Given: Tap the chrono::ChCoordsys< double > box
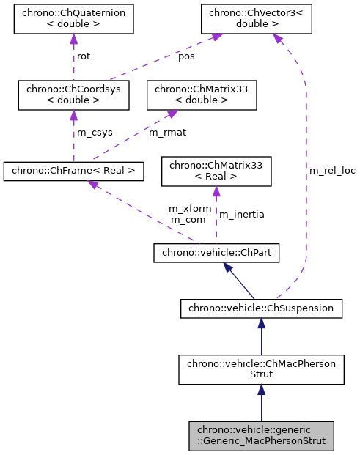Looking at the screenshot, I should pyautogui.click(x=73, y=95).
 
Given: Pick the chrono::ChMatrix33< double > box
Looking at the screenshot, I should pyautogui.click(x=202, y=95).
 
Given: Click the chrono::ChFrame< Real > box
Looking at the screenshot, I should pyautogui.click(x=73, y=171).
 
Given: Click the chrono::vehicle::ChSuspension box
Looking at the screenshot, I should pyautogui.click(x=261, y=308).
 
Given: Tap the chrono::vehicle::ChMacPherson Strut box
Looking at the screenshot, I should pyautogui.click(x=261, y=369).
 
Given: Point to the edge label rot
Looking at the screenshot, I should pyautogui.click(x=84, y=56).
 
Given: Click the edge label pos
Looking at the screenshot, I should pyautogui.click(x=187, y=56).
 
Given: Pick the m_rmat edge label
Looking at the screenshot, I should pyautogui.click(x=166, y=133).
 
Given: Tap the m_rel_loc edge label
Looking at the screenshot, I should pyautogui.click(x=332, y=170).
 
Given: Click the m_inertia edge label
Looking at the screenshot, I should pyautogui.click(x=242, y=214).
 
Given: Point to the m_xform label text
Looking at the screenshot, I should pyautogui.click(x=190, y=208).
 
